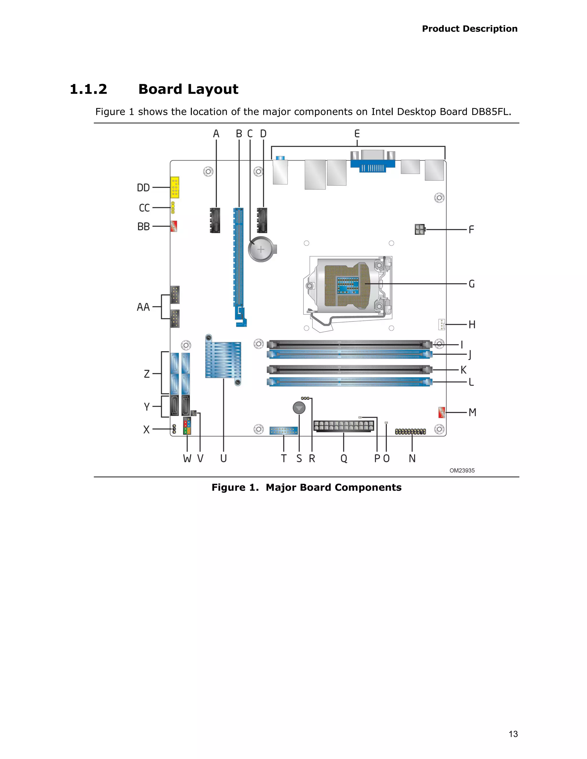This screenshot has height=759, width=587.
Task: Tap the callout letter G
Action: pyautogui.click(x=471, y=284)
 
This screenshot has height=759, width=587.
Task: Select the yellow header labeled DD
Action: pyautogui.click(x=175, y=187)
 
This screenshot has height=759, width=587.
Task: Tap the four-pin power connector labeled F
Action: pyautogui.click(x=420, y=229)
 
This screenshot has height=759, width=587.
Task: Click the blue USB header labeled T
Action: pyautogui.click(x=283, y=430)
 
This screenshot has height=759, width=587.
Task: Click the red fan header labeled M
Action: pyautogui.click(x=442, y=412)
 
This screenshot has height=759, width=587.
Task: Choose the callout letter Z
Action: pyautogui.click(x=147, y=374)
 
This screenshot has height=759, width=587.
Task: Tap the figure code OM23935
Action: pyautogui.click(x=462, y=471)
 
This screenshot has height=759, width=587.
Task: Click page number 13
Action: pyautogui.click(x=513, y=734)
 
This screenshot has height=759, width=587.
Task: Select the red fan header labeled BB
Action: pyautogui.click(x=173, y=226)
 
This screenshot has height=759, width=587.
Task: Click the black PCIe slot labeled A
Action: pyautogui.click(x=215, y=220)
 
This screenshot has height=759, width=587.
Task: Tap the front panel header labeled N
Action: pyautogui.click(x=410, y=432)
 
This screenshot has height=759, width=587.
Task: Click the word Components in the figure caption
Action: pyautogui.click(x=368, y=487)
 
